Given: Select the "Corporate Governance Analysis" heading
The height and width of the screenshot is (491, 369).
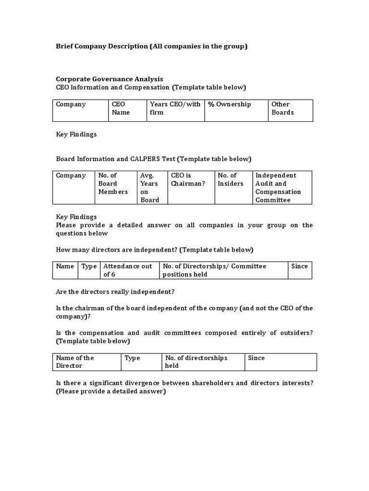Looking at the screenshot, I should coord(110,79).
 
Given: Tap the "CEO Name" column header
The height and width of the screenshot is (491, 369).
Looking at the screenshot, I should coord(121,108).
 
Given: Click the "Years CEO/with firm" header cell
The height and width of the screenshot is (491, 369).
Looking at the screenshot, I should coord(175,108).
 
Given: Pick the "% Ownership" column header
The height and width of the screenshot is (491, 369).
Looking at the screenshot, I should coord(230,105).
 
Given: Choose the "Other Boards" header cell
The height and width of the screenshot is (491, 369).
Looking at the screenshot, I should coord(283,108).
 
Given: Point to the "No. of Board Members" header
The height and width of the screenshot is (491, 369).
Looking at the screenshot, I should coord(113,184).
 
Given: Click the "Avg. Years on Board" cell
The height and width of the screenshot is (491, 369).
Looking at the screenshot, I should coord(149,187).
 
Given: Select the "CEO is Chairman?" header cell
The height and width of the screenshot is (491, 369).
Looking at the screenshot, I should coord(187,179).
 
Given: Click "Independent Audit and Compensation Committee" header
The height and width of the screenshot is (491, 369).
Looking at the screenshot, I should coord(278,187).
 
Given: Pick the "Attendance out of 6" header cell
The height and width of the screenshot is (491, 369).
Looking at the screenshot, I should coord(128,270).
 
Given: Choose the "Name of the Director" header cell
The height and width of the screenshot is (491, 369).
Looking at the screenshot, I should coord(74,362).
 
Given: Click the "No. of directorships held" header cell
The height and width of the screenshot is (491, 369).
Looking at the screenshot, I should coord(196,362).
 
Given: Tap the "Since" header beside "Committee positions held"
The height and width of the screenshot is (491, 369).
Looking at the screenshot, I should coord(299,266).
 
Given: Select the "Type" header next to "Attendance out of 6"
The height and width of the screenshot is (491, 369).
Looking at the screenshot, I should coord(89,266).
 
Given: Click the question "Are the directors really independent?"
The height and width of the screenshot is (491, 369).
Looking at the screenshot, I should coord(115,292).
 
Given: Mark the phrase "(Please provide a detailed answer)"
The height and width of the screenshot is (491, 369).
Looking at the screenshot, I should coord(111,391).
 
